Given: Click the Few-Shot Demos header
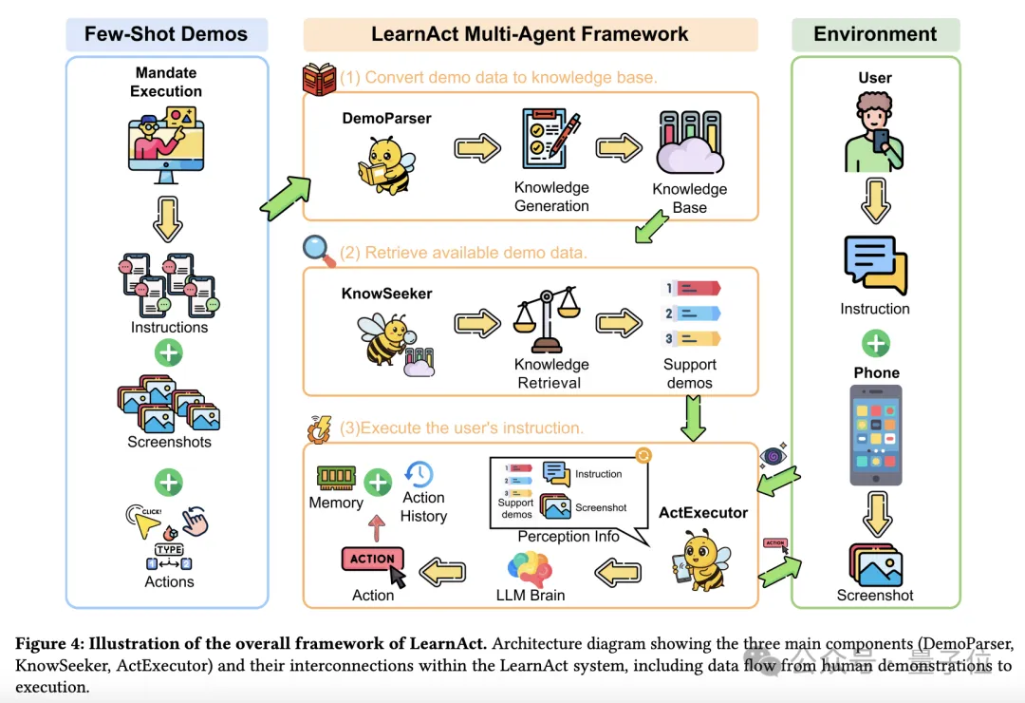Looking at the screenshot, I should pos(166,35).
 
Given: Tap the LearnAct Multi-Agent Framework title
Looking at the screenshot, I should pos(530,35).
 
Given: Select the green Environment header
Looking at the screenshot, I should pos(875,35).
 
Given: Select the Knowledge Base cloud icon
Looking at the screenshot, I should pos(689,147).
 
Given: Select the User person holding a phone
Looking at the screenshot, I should pos(874,133).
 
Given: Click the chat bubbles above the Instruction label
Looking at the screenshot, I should pos(875,265).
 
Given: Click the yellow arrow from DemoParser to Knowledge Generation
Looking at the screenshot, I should pos(477,149).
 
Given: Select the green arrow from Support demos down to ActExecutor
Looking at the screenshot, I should pos(695,419).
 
